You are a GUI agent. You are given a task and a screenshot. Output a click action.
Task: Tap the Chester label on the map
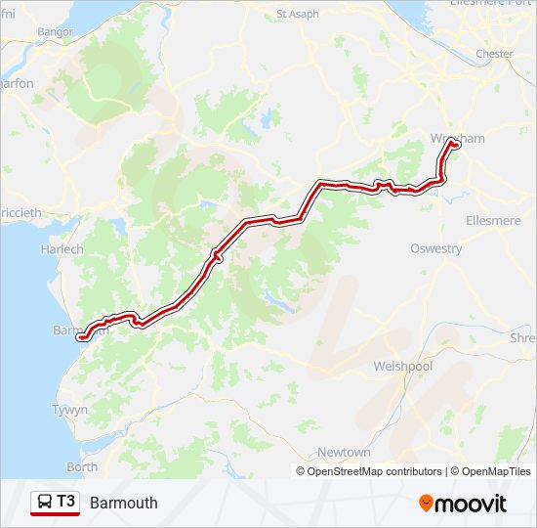[493, 54]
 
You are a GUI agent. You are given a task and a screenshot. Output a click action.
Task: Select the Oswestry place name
[435, 248]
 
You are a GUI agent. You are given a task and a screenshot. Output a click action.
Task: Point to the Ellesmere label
[493, 220]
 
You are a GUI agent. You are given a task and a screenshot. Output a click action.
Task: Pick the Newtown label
[344, 453]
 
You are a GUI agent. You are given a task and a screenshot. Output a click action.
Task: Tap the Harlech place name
[62, 249]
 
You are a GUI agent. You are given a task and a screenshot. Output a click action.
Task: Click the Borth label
[82, 466]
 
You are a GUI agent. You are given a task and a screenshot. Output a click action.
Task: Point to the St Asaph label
[298, 15]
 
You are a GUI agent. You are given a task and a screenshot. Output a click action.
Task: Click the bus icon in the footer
[44, 503]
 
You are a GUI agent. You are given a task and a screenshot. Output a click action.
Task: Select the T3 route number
[65, 502]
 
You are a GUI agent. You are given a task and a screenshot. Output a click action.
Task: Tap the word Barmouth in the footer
[123, 504]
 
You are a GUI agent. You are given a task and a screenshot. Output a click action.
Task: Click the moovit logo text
[472, 504]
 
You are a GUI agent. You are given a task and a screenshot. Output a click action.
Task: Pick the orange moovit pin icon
[426, 504]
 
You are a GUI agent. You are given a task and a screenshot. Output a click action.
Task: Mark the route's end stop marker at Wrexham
[452, 144]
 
